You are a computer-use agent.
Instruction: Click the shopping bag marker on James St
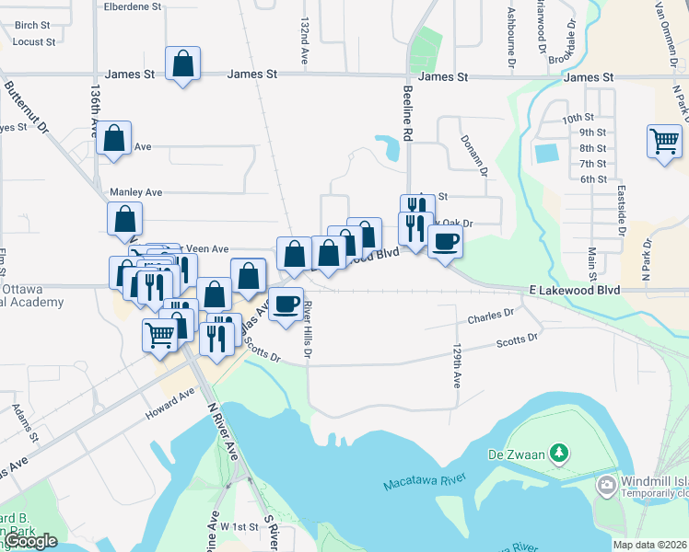coord(183,65)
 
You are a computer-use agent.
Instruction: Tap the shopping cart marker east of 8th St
coord(664,142)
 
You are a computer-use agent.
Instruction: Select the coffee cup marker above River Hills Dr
coord(286,305)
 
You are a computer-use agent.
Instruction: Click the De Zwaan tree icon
coord(557,453)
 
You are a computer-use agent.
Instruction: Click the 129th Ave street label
coord(456,366)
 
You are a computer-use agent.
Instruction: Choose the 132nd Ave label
coord(303,39)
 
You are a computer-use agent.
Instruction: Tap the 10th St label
coord(578,118)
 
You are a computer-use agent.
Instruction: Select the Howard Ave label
coord(170,405)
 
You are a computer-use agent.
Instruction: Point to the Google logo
coord(30,541)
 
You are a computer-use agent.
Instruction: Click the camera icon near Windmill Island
coord(606,485)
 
